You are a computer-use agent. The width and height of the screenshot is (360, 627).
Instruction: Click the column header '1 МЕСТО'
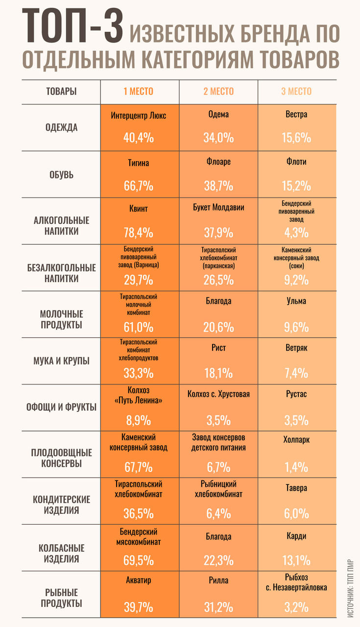tap(138, 91)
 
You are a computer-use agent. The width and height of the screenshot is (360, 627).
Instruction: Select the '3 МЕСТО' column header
tap(296, 91)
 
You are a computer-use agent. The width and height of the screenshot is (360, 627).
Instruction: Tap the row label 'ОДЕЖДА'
tap(61, 127)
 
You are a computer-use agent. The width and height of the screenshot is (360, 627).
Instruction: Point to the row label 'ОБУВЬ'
tap(61, 175)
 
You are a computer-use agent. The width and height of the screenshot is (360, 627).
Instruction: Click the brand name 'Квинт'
tap(138, 209)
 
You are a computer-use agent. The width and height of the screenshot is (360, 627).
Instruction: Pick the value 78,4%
tap(138, 233)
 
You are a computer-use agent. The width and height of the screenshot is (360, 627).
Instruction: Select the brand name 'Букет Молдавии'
tap(218, 207)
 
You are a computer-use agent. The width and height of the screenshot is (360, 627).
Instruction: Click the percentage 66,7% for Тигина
tap(138, 186)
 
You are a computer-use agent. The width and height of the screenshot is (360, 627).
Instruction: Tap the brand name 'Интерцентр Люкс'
tap(138, 115)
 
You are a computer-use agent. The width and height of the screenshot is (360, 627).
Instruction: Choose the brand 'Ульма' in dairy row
tap(296, 301)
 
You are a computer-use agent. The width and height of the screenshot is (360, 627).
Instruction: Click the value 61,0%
tap(138, 327)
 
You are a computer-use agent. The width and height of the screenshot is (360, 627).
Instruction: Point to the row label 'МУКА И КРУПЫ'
tap(61, 361)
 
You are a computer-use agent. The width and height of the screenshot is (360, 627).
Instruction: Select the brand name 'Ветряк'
tap(296, 348)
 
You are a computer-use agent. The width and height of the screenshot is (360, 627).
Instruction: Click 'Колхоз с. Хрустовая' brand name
tap(218, 394)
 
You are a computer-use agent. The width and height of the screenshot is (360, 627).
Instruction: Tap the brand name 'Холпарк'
tap(296, 440)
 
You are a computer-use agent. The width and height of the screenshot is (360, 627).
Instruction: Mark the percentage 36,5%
tap(138, 514)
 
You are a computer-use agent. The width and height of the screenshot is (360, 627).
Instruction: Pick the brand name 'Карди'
tap(296, 536)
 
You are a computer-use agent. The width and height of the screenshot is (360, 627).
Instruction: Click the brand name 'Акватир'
tap(138, 580)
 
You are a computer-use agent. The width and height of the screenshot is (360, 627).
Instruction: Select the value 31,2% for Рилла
tap(218, 607)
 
